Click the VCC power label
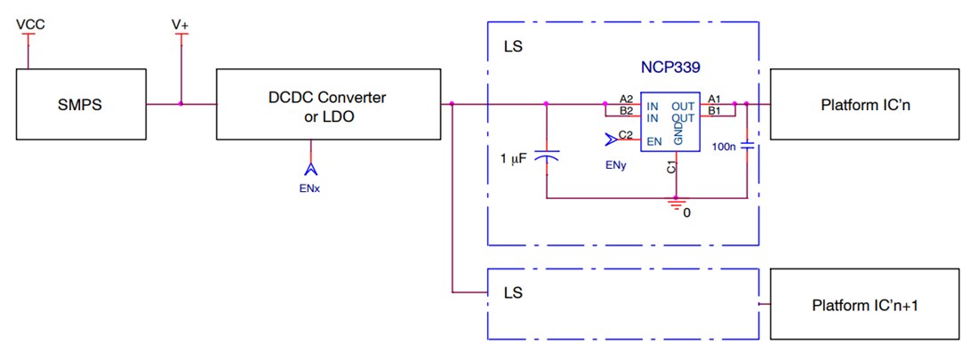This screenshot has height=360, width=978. tap(30, 24)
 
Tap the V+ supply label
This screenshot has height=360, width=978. tap(180, 25)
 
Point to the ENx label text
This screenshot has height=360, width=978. tap(310, 189)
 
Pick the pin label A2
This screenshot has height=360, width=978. tap(626, 99)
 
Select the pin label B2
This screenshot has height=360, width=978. tap(626, 111)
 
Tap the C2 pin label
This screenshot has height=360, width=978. tap(626, 135)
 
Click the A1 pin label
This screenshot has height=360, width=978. tap(714, 99)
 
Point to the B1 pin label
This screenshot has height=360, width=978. tap(714, 112)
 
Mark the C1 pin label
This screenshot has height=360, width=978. tap(672, 165)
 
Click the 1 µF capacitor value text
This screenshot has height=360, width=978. tap(514, 158)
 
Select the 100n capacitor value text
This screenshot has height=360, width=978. tap(725, 148)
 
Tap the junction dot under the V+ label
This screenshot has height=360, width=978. tap(180, 104)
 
